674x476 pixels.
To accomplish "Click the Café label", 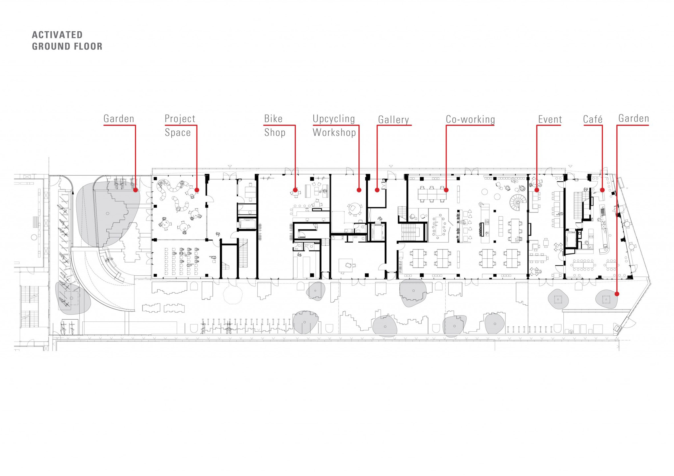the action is coord(593,119).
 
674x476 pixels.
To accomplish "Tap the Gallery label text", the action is coord(393,120).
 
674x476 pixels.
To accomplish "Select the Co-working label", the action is coord(470,119).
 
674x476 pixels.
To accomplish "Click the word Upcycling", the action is coord(334,119).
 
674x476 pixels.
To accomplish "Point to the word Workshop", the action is coord(334,132).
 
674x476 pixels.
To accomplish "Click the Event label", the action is coord(550,119).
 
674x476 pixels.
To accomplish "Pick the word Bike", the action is coord(273,119).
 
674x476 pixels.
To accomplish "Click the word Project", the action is coord(180,119).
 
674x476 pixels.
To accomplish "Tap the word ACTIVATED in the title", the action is coord(57,35).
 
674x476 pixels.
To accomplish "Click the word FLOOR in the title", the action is coord(88,46).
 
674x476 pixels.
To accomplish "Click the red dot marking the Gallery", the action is coord(377,190).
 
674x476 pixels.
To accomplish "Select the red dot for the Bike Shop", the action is coord(295,190).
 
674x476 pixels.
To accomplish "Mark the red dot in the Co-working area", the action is coord(446,190).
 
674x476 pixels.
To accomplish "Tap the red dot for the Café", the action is coord(602,190).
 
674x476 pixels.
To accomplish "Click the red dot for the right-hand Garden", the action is coord(617,294).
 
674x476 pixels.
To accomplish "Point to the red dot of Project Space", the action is coord(197,190).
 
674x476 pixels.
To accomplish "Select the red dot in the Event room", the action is coord(537,190).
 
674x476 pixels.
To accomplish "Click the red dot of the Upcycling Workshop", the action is coord(359,190).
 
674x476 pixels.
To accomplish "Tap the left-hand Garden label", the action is coord(119,119).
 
